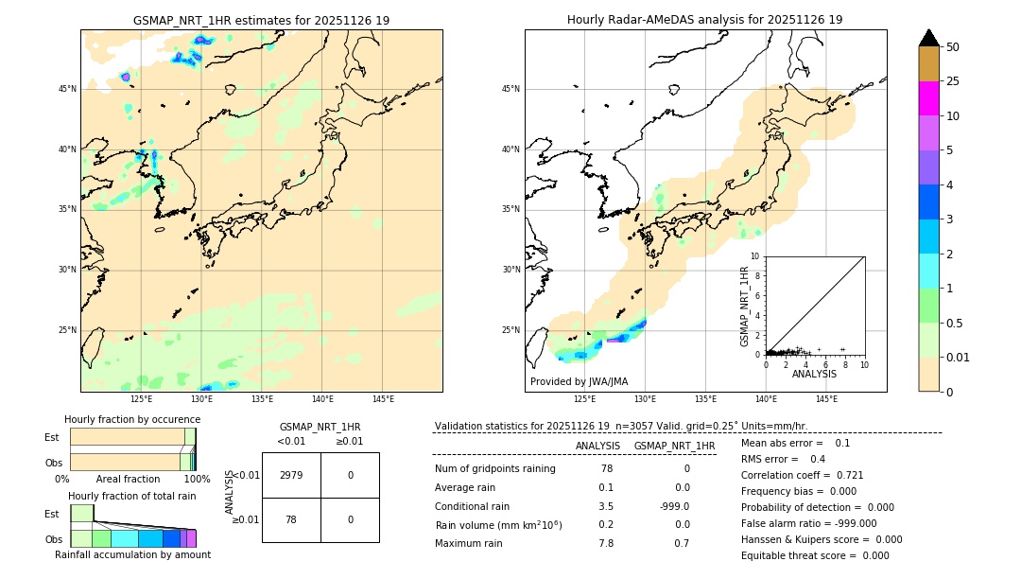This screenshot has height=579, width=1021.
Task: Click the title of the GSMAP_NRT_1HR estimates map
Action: point(261,20)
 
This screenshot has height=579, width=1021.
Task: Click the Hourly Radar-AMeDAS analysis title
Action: point(704,20)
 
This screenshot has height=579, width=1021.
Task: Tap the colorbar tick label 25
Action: point(953,81)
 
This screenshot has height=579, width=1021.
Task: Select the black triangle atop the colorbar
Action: point(929,38)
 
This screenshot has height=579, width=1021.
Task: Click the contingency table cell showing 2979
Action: point(291,475)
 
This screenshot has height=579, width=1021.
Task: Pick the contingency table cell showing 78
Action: point(291,519)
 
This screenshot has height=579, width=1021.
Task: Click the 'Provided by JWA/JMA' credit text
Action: point(579,382)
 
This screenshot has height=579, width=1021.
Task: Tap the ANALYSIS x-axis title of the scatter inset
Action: point(814,374)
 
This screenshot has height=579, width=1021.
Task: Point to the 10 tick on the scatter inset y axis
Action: point(754,256)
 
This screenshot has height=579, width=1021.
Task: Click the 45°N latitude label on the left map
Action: point(67,89)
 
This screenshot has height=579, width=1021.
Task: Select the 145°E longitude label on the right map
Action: point(826,399)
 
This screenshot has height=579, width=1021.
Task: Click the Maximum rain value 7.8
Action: point(606,543)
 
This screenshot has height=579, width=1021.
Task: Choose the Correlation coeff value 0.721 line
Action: point(802,475)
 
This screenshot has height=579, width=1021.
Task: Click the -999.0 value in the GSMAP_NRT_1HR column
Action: point(674,506)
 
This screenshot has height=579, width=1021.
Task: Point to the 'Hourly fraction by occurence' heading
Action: point(132,419)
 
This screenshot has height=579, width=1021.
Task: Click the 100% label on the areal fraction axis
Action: point(197,479)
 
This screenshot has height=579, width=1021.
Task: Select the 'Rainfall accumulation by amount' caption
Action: point(132,554)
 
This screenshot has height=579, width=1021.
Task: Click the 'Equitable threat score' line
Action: point(815,555)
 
